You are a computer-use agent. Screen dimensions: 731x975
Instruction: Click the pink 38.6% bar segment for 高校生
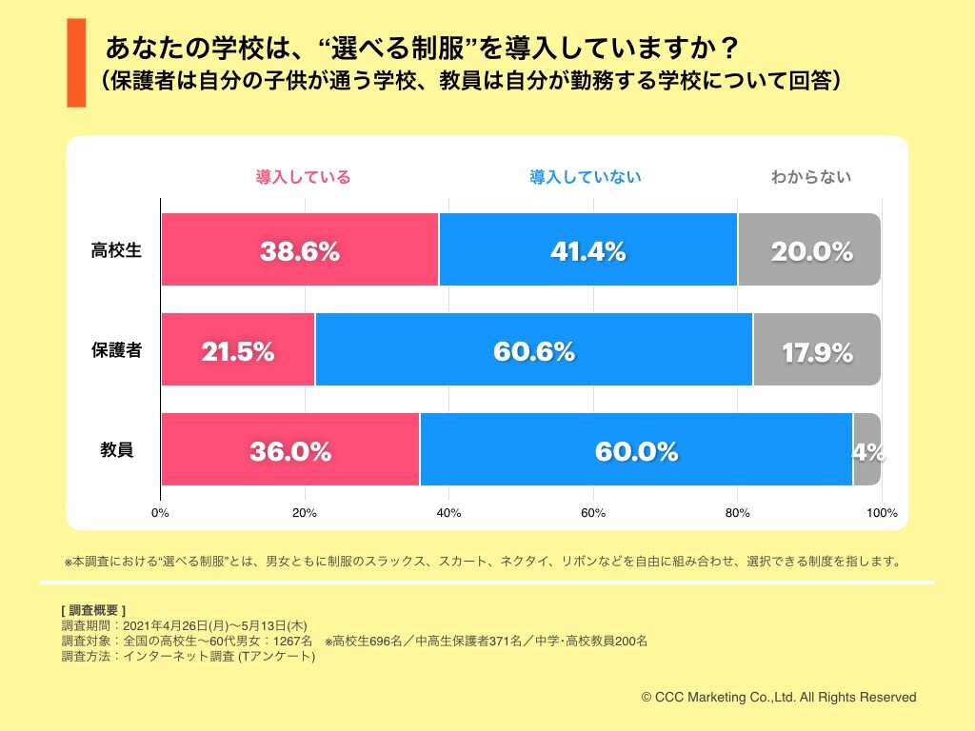tap(299, 250)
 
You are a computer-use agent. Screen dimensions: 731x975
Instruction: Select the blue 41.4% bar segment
tap(587, 250)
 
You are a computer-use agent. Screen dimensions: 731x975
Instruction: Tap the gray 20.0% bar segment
tap(809, 250)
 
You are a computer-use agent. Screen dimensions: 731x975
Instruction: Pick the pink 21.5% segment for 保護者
tap(237, 350)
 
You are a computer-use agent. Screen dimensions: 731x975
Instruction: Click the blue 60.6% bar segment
tap(533, 350)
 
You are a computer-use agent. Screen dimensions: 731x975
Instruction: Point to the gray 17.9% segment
tap(816, 350)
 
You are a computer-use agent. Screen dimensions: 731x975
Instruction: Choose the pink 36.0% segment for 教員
tap(289, 450)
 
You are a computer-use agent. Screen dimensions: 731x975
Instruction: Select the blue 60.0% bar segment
tap(636, 450)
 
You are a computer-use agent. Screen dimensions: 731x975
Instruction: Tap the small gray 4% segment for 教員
tap(866, 450)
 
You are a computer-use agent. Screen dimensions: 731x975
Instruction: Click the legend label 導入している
tap(303, 177)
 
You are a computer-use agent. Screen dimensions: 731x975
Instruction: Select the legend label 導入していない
tap(586, 177)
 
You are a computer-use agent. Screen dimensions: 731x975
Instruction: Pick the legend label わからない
tap(811, 177)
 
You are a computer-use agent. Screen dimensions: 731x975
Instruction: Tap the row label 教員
tap(116, 450)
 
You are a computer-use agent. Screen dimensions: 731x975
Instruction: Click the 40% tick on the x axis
tap(448, 513)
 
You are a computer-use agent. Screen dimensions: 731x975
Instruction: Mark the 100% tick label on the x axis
tap(882, 513)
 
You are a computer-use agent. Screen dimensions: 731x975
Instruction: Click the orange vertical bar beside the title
tap(76, 62)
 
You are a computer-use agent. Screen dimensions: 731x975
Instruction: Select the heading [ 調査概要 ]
tap(93, 609)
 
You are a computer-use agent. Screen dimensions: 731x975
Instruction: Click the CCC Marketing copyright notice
tap(779, 698)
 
